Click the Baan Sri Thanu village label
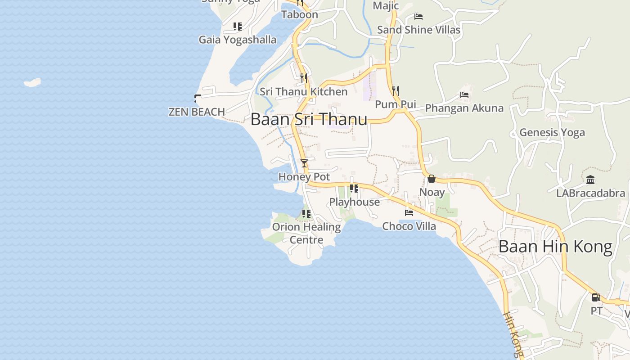pos(309,119)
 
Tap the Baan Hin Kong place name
pos(555,247)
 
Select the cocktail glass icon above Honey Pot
pos(304,163)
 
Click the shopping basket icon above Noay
pos(432,179)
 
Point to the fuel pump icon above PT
pos(596,297)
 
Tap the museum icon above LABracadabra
pos(590,180)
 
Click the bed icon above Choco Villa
pos(409,212)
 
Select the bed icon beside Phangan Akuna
pos(464,95)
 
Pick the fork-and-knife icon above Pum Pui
pos(396,90)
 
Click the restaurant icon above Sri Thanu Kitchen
pos(304,78)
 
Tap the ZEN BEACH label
pos(197,112)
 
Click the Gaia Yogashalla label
pos(238,40)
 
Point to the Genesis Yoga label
pos(552,132)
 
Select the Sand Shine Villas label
pos(418,30)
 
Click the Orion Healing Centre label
pos(306,233)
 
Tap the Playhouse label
pos(355,202)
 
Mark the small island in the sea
pos(32,83)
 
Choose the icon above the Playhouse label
pos(354,189)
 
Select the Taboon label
pos(300,14)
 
